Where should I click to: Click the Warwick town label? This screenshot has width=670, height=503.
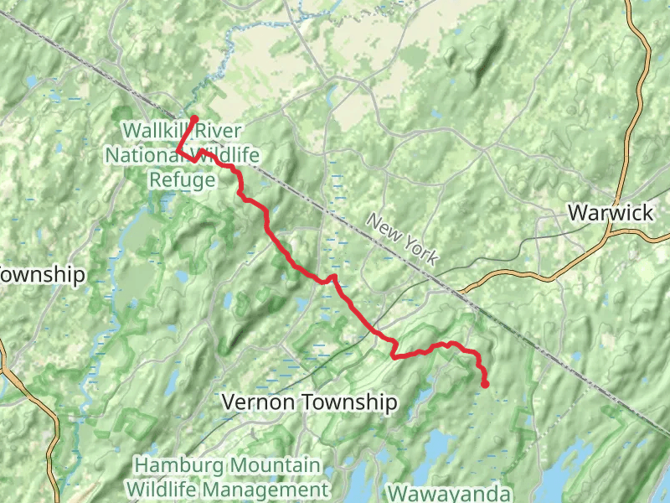(610, 213)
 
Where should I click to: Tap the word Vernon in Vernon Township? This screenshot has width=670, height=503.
(257, 403)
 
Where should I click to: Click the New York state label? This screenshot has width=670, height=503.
(403, 240)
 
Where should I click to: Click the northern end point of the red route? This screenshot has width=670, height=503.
(193, 119)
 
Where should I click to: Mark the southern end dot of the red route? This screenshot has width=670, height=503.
(485, 384)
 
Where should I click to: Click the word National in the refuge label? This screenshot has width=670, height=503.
(142, 155)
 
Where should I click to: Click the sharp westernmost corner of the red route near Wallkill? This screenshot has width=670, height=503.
(178, 150)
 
